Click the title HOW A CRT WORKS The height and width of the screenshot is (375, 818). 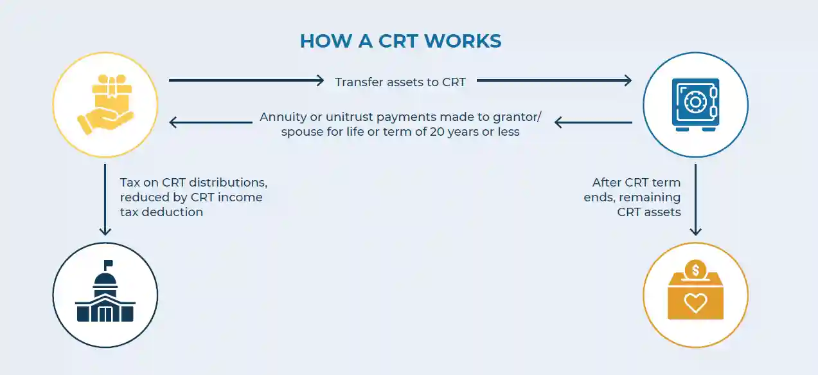click(x=400, y=41)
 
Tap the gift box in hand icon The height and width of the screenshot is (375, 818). click(x=105, y=104)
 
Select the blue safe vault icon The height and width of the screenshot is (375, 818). click(x=695, y=104)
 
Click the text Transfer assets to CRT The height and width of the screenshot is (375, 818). click(x=400, y=82)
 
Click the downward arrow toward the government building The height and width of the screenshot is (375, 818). click(x=105, y=199)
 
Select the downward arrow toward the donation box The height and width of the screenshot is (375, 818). click(x=695, y=199)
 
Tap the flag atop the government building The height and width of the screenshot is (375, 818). click(x=108, y=264)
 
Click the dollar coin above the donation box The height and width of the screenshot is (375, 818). click(x=695, y=269)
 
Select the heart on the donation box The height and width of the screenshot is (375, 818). click(x=695, y=302)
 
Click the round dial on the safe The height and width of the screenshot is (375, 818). click(x=694, y=102)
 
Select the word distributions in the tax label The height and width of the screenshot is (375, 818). click(x=229, y=182)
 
